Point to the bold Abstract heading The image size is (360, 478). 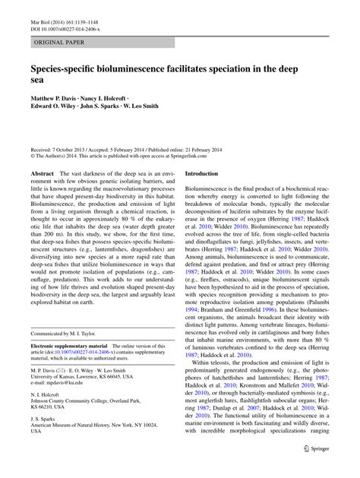click(x=42, y=173)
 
